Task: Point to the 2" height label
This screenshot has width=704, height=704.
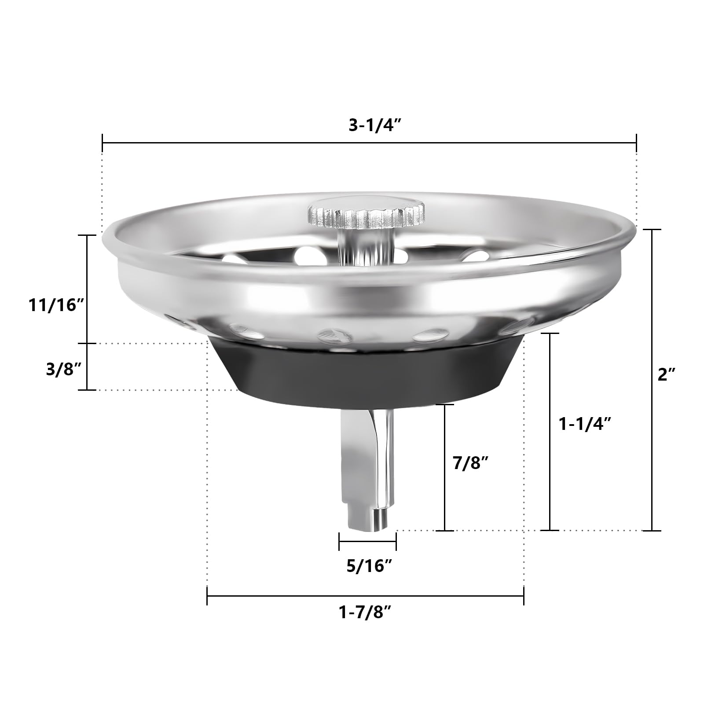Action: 666,374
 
